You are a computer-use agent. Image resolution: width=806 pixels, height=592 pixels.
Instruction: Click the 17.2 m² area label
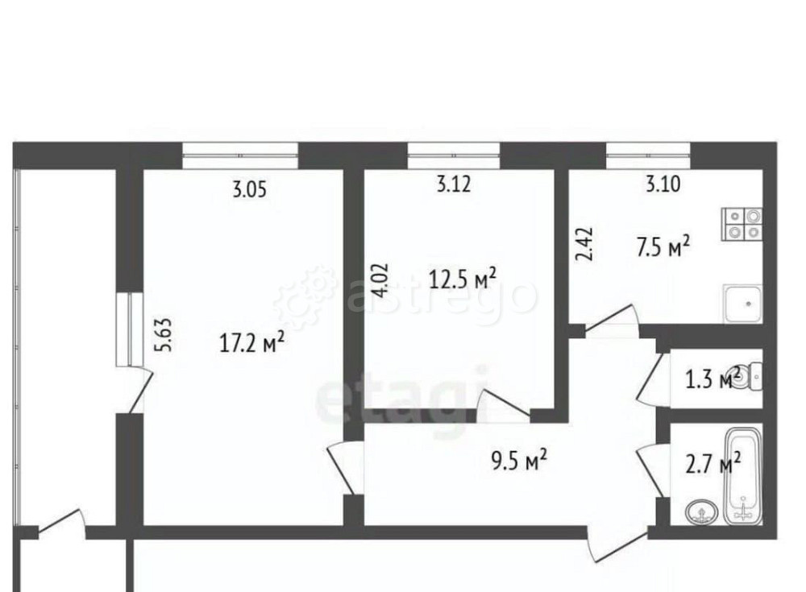tap(251, 344)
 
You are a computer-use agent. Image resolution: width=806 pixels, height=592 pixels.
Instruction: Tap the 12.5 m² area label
tap(462, 280)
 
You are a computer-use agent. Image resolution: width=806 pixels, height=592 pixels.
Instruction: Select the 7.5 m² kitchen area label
tap(663, 247)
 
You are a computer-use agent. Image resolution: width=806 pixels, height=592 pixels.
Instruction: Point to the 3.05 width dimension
tap(249, 190)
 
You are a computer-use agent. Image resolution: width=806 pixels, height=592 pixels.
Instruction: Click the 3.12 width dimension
tap(454, 184)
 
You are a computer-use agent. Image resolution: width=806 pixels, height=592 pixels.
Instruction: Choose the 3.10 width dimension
tap(663, 184)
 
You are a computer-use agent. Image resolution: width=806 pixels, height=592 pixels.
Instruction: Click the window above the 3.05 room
tap(239, 155)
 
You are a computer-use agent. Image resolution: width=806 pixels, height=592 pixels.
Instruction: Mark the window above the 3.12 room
tap(454, 155)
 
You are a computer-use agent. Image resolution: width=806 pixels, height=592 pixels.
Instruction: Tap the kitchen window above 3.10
tap(649, 155)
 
